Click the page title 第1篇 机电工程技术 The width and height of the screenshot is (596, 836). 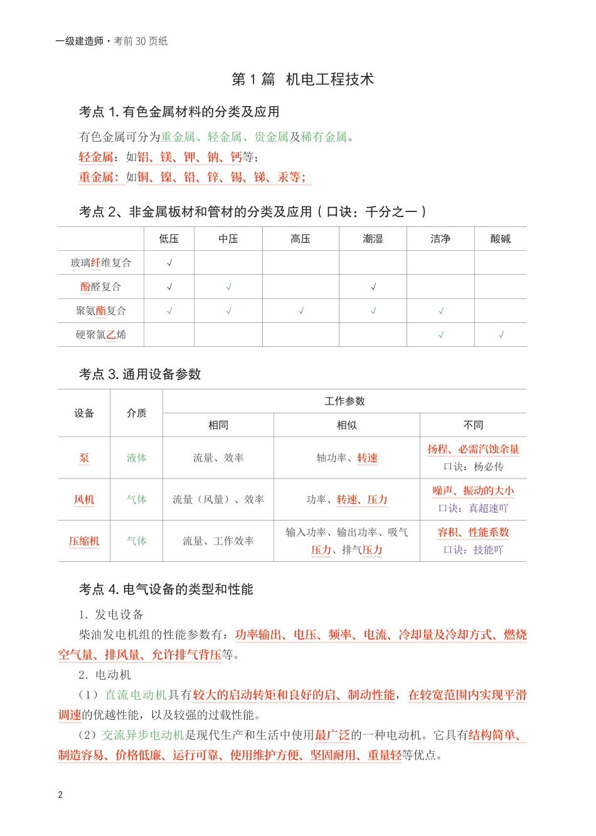[x=302, y=80]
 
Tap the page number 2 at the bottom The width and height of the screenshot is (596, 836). [x=60, y=795]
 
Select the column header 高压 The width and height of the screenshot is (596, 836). [x=301, y=239]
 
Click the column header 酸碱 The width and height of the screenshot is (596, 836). [x=500, y=239]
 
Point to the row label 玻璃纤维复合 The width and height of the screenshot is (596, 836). [x=101, y=263]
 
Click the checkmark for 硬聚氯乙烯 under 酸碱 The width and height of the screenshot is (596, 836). [x=501, y=335]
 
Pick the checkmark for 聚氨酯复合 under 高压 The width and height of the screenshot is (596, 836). [x=301, y=311]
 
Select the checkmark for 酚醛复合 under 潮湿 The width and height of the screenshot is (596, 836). [x=373, y=287]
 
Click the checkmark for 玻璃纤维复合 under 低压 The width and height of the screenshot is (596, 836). [x=169, y=263]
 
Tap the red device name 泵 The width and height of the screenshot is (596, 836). [x=84, y=458]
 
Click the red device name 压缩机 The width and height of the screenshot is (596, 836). [x=84, y=541]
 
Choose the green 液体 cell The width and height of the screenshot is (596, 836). [x=136, y=458]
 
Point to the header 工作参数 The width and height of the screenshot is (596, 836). [x=344, y=401]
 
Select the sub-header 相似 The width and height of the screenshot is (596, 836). [x=346, y=425]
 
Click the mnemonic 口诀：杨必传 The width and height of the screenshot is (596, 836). [x=473, y=467]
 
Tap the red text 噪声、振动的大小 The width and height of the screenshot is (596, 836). [x=473, y=491]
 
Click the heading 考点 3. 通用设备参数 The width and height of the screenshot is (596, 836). [x=140, y=374]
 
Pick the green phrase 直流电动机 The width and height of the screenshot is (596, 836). [x=136, y=695]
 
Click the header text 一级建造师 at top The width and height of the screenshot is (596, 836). [x=80, y=41]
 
